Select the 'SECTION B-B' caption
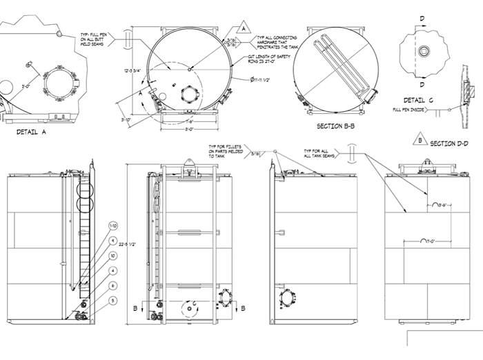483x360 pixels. pos(336,126)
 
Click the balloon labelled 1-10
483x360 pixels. pos(113,226)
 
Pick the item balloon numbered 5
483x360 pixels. pos(113,300)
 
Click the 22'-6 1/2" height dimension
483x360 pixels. pos(132,243)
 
